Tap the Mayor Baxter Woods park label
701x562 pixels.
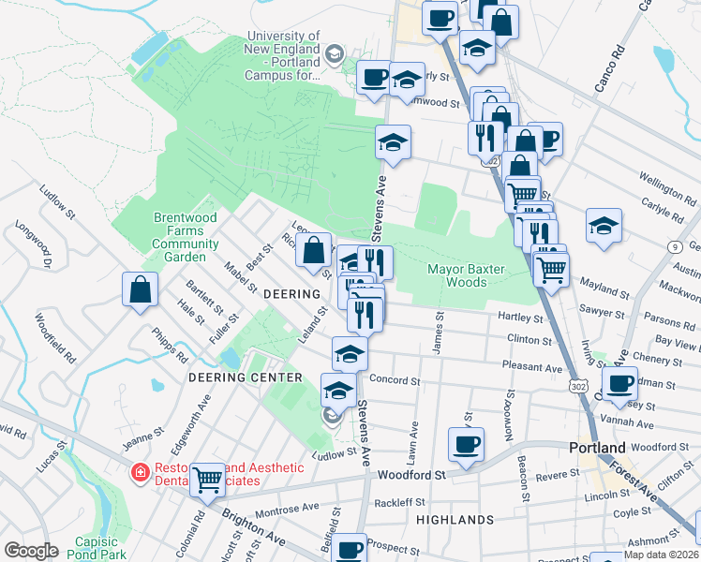466,275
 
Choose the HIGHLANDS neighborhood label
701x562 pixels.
455,519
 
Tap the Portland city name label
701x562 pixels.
596,448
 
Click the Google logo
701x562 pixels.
31,551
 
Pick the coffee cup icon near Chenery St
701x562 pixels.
619,382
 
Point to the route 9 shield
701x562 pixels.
675,246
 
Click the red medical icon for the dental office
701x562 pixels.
141,474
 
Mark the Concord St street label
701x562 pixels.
395,379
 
